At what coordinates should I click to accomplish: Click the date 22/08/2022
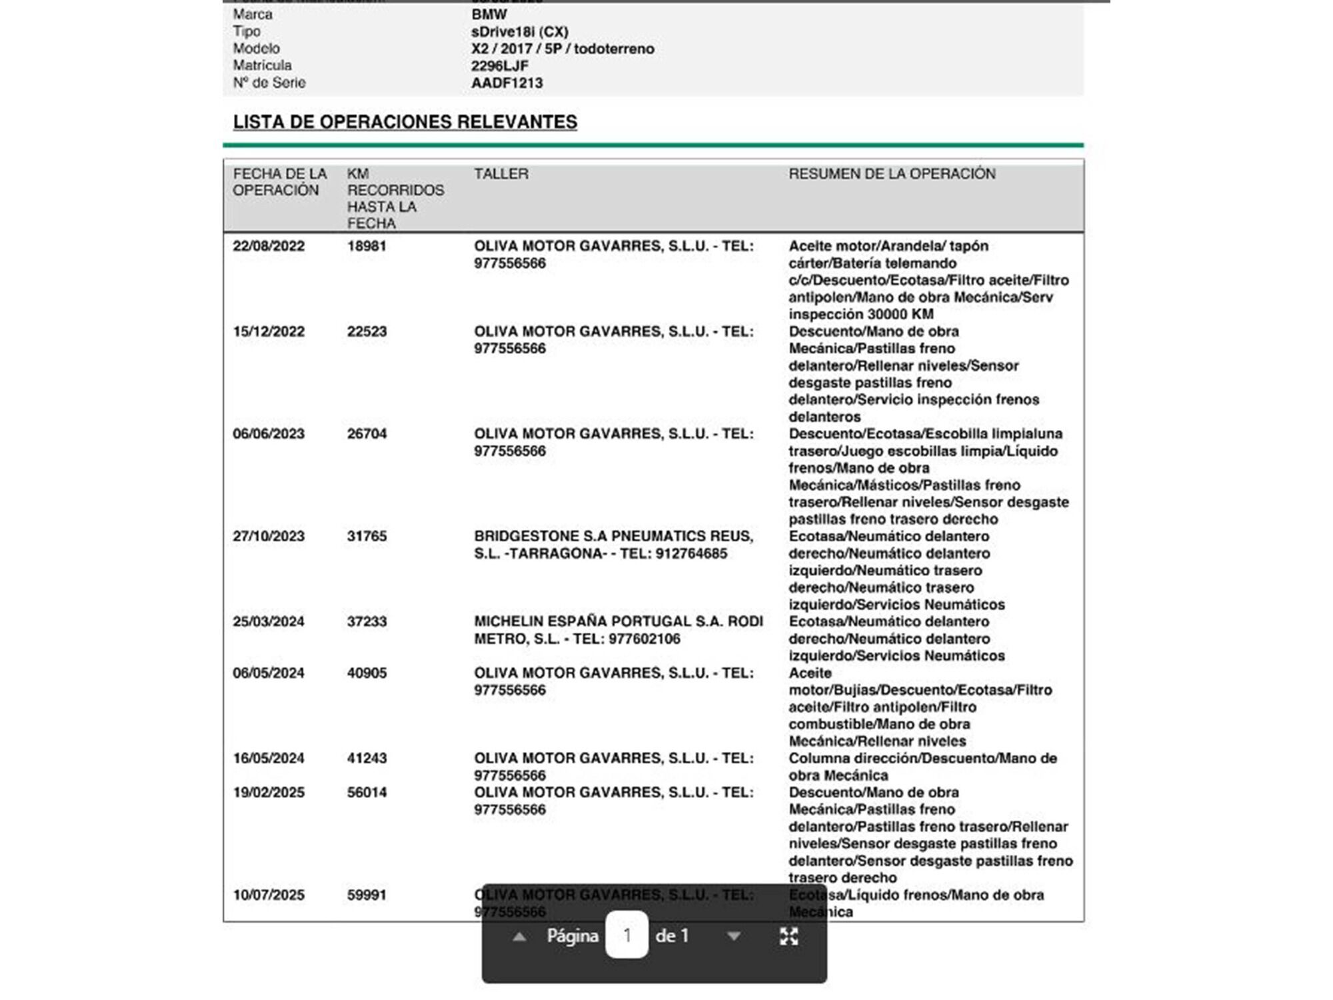tap(269, 246)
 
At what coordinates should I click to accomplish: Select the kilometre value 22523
tap(367, 331)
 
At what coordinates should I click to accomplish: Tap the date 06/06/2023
tap(269, 434)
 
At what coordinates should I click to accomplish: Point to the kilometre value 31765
tap(367, 537)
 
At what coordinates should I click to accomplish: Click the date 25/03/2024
tap(269, 621)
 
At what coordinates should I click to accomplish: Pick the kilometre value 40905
tap(367, 673)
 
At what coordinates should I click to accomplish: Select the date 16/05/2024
tap(269, 759)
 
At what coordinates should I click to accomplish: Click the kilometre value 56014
tap(367, 793)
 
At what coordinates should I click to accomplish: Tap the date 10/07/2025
tap(269, 895)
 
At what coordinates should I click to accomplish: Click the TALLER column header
tap(501, 174)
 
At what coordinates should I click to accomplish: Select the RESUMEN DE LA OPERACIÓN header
tap(892, 174)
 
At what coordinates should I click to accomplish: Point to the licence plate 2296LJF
tap(499, 66)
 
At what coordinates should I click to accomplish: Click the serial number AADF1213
tap(507, 83)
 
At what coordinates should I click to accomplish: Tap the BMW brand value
tap(489, 14)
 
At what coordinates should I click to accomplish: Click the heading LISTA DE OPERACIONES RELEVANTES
tap(405, 122)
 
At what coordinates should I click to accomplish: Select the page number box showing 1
tap(627, 935)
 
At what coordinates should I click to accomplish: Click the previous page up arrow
tap(519, 937)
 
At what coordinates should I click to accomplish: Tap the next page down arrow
tap(734, 937)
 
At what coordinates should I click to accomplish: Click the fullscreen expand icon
tap(789, 937)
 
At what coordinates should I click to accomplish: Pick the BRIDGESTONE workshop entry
tap(613, 545)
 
